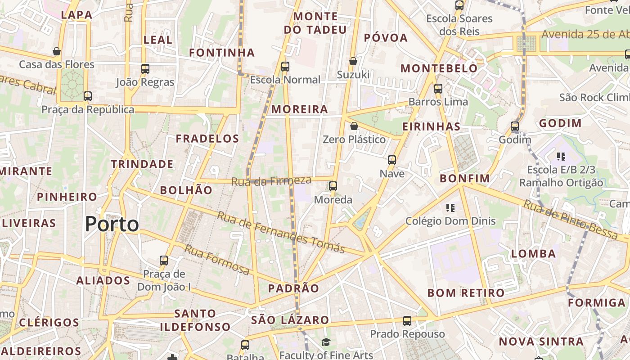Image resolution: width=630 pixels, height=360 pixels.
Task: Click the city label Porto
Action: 112,224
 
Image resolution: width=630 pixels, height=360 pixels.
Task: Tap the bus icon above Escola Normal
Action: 285,67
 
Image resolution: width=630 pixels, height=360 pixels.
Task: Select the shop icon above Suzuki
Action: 353,61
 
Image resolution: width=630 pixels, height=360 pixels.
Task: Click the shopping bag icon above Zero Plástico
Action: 354,126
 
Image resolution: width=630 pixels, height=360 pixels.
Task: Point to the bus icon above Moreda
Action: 333,186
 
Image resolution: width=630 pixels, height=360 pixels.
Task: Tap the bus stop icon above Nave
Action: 392,160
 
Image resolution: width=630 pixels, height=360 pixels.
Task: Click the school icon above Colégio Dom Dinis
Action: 450,207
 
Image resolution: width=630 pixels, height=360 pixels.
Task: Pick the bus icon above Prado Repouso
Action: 407,321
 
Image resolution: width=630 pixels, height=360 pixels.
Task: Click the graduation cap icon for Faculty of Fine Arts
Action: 326,342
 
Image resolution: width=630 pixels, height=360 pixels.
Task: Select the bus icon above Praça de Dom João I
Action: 164,260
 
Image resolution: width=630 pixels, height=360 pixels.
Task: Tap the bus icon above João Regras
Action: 145,69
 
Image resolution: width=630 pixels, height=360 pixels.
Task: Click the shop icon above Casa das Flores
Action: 57,51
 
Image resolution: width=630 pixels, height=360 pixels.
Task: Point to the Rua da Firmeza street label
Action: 271,181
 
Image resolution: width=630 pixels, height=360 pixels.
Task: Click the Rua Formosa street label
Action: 217,260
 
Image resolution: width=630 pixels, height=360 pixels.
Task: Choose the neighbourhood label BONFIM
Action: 465,178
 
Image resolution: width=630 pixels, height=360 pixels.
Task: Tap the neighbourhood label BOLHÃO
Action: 186,190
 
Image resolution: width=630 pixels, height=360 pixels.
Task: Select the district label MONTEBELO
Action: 439,68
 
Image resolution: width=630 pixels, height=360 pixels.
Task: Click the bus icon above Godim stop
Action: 515,126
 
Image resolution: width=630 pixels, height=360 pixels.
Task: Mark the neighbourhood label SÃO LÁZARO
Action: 290,320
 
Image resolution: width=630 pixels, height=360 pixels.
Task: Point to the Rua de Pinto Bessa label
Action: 570,219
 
